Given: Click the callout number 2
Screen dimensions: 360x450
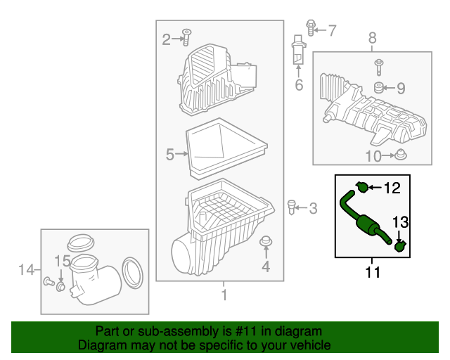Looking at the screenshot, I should tap(167, 40).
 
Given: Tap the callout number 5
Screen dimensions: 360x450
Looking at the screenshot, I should tap(169, 155).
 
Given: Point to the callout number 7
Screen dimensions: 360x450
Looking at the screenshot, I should tap(332, 30).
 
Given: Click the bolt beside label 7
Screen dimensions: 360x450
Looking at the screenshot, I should tap(310, 27).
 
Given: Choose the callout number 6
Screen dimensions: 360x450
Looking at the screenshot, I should tap(299, 86).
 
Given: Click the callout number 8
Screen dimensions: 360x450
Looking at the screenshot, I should tap(372, 37).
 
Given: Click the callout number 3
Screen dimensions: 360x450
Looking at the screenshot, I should tap(313, 208).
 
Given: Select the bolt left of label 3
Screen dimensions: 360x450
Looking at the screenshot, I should tap(291, 206).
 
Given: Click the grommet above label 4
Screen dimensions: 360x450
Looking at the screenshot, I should tap(266, 243).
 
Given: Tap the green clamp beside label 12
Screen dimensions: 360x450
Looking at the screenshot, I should tap(362, 186).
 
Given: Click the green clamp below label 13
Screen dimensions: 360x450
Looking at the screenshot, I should tap(399, 246).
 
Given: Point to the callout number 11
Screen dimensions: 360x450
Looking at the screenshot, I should tap(373, 272).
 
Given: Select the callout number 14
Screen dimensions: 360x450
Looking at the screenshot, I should tap(26, 269).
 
